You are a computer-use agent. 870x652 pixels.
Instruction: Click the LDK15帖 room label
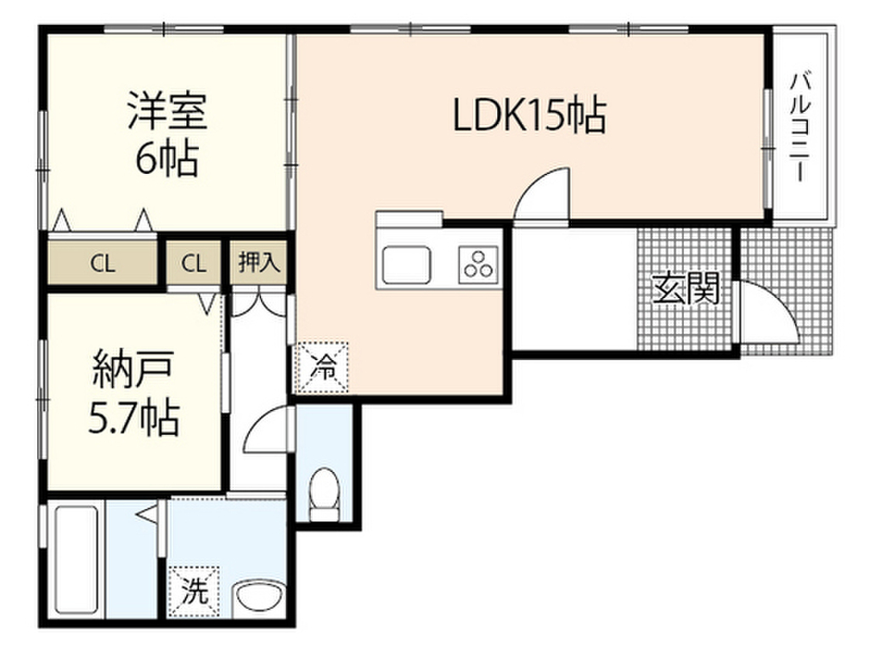529,116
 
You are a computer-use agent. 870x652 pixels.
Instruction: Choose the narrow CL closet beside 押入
194,264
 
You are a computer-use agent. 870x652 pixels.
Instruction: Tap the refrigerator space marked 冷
323,366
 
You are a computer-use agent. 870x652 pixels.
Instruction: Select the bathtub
76,561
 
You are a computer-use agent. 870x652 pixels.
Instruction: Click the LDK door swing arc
545,194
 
